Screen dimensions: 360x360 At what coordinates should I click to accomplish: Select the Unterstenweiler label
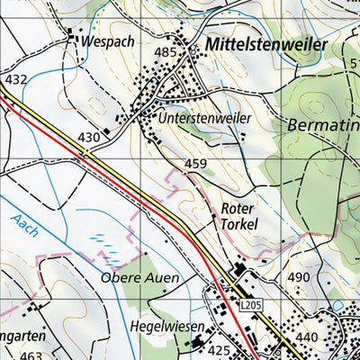(204, 118)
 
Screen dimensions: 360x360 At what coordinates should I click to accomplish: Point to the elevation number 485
(165, 53)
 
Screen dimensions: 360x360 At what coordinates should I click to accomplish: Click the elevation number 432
(16, 80)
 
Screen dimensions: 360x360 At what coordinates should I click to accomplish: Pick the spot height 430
(88, 137)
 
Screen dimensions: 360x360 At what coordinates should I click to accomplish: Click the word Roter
(238, 207)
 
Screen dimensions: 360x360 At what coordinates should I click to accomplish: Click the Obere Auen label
(139, 277)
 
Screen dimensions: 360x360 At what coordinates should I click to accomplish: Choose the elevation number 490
(299, 277)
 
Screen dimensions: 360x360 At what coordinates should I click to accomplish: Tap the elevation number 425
(219, 348)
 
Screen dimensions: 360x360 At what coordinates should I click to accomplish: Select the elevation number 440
(307, 337)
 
